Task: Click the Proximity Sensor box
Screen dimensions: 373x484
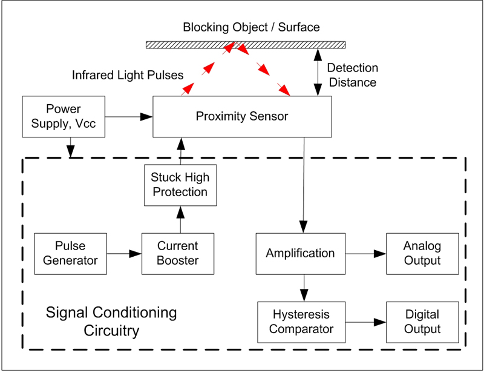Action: coord(241,116)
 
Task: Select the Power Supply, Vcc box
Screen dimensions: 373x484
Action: coord(63,117)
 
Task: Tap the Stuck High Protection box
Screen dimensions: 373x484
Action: coord(180,185)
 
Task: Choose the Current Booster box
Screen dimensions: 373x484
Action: coord(178,254)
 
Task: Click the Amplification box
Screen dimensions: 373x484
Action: coord(299,253)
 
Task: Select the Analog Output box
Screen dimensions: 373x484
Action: coord(422,253)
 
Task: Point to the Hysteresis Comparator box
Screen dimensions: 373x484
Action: coord(301,322)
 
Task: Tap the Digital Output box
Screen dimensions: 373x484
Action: coord(422,322)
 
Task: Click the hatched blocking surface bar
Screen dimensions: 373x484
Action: coord(246,44)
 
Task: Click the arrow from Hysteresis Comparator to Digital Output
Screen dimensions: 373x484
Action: coord(366,322)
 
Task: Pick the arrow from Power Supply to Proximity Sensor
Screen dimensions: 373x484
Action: coord(128,114)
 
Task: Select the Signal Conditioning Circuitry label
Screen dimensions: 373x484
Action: coord(111,322)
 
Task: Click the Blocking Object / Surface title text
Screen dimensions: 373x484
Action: coord(251,27)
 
